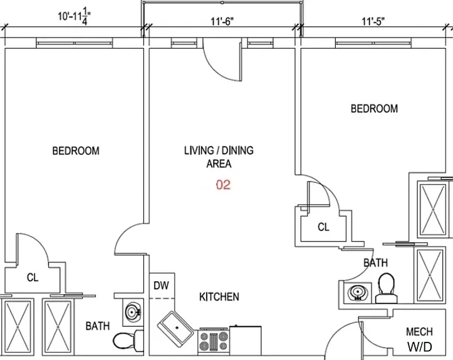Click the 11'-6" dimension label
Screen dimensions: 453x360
click(222, 21)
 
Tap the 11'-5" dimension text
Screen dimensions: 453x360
click(373, 21)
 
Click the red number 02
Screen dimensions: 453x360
click(223, 185)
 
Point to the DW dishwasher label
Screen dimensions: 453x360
click(161, 285)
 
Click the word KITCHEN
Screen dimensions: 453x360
click(219, 297)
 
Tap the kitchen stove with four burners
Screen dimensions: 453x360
click(214, 341)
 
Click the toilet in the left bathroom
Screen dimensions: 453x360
click(128, 341)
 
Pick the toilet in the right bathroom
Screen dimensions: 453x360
click(387, 288)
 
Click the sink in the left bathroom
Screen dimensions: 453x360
click(133, 312)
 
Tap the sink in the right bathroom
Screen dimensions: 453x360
click(358, 293)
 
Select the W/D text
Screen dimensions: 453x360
click(420, 346)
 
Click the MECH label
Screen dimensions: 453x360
click(420, 332)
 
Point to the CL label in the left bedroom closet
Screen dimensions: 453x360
click(33, 277)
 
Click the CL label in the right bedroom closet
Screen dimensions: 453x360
click(323, 227)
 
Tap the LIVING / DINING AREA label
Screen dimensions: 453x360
click(219, 157)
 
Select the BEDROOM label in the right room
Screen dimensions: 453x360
click(374, 108)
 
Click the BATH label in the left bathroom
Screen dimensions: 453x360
click(98, 326)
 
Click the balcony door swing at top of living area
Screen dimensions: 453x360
click(222, 61)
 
